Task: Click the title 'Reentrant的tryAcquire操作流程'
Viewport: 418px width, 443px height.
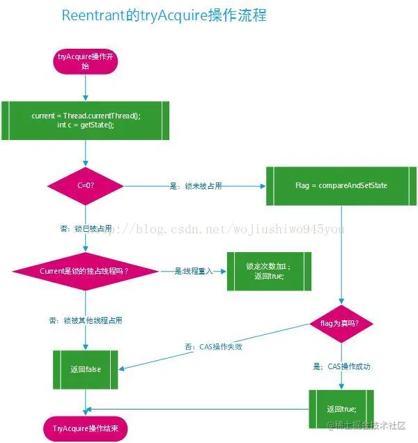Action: point(164,15)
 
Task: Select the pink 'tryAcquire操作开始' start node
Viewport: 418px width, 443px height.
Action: point(85,61)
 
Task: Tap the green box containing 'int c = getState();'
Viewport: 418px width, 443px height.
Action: point(86,120)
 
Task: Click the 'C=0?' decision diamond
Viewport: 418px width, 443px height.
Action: point(85,186)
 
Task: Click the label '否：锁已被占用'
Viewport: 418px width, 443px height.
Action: point(86,228)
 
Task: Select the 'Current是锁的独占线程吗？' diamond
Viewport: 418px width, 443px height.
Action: point(85,270)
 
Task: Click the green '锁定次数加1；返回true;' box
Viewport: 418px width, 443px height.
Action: point(268,271)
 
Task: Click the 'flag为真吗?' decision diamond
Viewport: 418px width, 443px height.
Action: point(341,323)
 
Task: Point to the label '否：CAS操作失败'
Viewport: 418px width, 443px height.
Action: point(213,346)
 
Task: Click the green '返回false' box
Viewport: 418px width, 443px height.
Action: point(85,368)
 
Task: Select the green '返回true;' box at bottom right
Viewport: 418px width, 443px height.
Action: point(341,408)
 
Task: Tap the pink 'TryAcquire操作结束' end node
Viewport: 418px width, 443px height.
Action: point(86,428)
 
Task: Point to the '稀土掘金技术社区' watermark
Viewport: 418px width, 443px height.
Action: point(369,425)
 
